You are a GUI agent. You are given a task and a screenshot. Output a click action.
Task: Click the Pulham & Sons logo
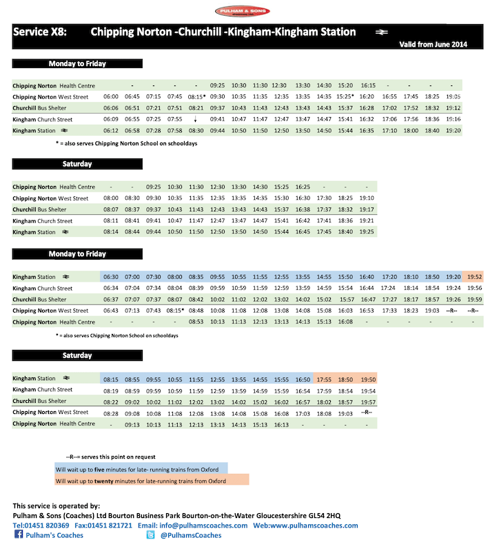pyautogui.click(x=243, y=11)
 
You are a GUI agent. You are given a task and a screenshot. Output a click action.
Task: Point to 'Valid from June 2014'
pyautogui.click(x=433, y=43)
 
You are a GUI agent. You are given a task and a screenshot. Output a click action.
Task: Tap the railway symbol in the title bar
pyautogui.click(x=381, y=32)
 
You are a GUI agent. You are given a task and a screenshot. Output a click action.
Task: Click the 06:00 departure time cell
pyautogui.click(x=110, y=97)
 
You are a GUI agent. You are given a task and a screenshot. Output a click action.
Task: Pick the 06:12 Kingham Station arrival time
pyautogui.click(x=110, y=130)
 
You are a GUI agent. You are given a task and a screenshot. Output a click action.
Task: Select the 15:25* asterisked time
pyautogui.click(x=345, y=97)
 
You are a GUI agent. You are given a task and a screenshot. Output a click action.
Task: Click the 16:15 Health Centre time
pyautogui.click(x=367, y=85)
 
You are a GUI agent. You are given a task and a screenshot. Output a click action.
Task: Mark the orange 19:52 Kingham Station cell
pyautogui.click(x=474, y=276)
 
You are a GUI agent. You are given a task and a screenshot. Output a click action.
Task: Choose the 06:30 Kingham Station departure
pyautogui.click(x=110, y=276)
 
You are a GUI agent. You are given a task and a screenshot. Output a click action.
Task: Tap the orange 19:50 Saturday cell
pyautogui.click(x=368, y=379)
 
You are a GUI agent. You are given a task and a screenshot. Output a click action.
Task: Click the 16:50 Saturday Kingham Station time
pyautogui.click(x=303, y=379)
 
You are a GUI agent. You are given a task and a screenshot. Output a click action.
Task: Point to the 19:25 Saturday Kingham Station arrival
pyautogui.click(x=367, y=232)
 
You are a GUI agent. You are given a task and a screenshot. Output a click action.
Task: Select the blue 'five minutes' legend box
pyautogui.click(x=151, y=468)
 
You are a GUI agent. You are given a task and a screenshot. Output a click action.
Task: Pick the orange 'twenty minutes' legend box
pyautogui.click(x=151, y=481)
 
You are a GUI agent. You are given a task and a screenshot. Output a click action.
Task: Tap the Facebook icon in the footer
pyautogui.click(x=19, y=535)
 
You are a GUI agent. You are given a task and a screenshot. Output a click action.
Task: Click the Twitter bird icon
pyautogui.click(x=150, y=535)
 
